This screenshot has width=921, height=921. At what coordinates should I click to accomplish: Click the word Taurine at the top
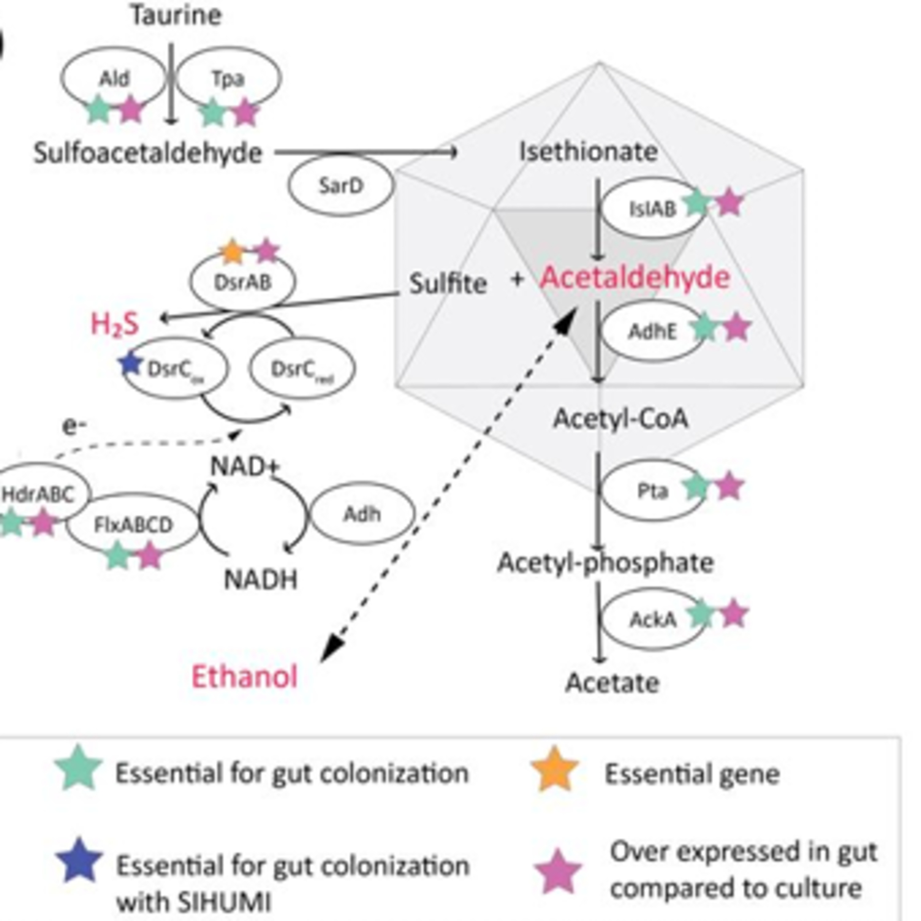click(177, 16)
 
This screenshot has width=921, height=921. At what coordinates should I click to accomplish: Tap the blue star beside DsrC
click(130, 364)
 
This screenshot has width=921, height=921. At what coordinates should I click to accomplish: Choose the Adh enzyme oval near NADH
click(362, 514)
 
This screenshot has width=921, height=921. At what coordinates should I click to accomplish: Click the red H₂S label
click(115, 324)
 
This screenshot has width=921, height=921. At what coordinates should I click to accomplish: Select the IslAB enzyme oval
click(652, 209)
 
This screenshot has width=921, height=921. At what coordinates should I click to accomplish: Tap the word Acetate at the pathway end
click(612, 683)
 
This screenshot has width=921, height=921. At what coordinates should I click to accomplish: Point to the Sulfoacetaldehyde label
click(148, 153)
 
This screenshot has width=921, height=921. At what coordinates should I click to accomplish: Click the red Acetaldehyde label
click(635, 278)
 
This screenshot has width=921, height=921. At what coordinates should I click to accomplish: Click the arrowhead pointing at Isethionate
click(453, 153)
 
